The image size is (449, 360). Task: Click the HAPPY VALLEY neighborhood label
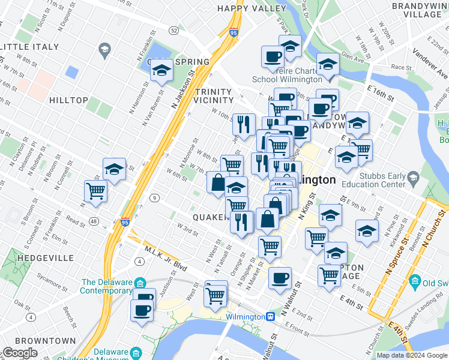(x=252, y=8)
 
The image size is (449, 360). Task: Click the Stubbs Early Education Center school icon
(x=413, y=178)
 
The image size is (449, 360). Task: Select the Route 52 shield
(x=173, y=30)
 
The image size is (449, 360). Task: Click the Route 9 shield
(x=155, y=198)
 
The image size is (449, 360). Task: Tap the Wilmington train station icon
(x=271, y=316)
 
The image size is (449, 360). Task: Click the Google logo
(x=20, y=353)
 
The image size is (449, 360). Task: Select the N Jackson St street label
(x=184, y=91)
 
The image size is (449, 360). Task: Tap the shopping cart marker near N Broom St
(x=95, y=191)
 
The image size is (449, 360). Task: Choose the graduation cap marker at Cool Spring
(x=161, y=71)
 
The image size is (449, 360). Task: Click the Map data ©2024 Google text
(x=411, y=355)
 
